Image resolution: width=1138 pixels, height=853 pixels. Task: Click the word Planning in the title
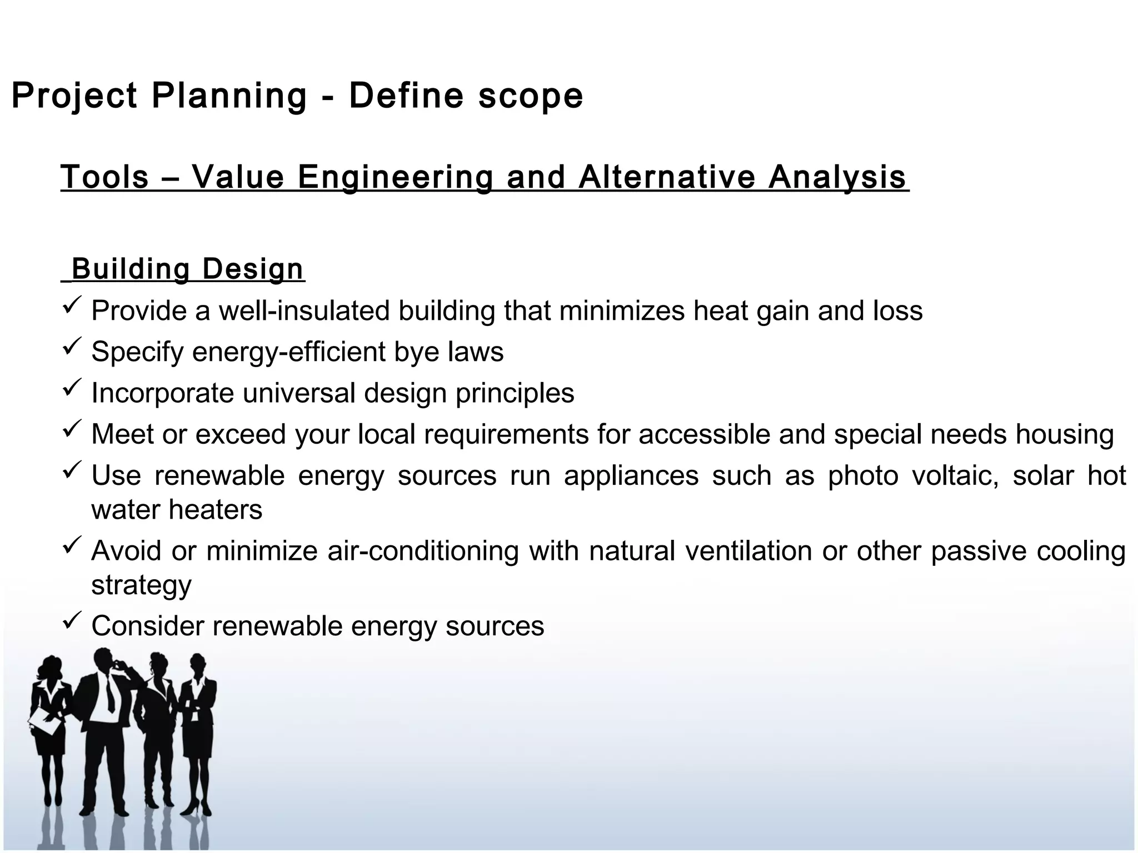[x=229, y=96]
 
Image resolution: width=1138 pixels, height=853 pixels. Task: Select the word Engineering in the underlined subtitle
[x=395, y=178]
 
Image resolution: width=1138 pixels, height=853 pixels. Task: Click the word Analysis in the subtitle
[x=838, y=178]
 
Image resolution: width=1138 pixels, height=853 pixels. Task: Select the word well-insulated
[x=306, y=310]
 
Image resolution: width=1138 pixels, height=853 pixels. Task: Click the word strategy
[x=141, y=585]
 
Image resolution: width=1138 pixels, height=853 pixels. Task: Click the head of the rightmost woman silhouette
[x=197, y=663]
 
